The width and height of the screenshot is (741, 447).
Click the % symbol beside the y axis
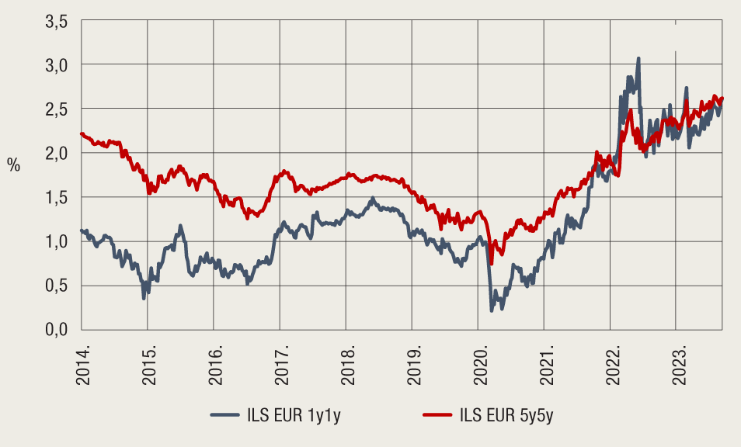[x=13, y=165]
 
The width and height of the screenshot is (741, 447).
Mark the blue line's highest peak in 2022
[x=638, y=58]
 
